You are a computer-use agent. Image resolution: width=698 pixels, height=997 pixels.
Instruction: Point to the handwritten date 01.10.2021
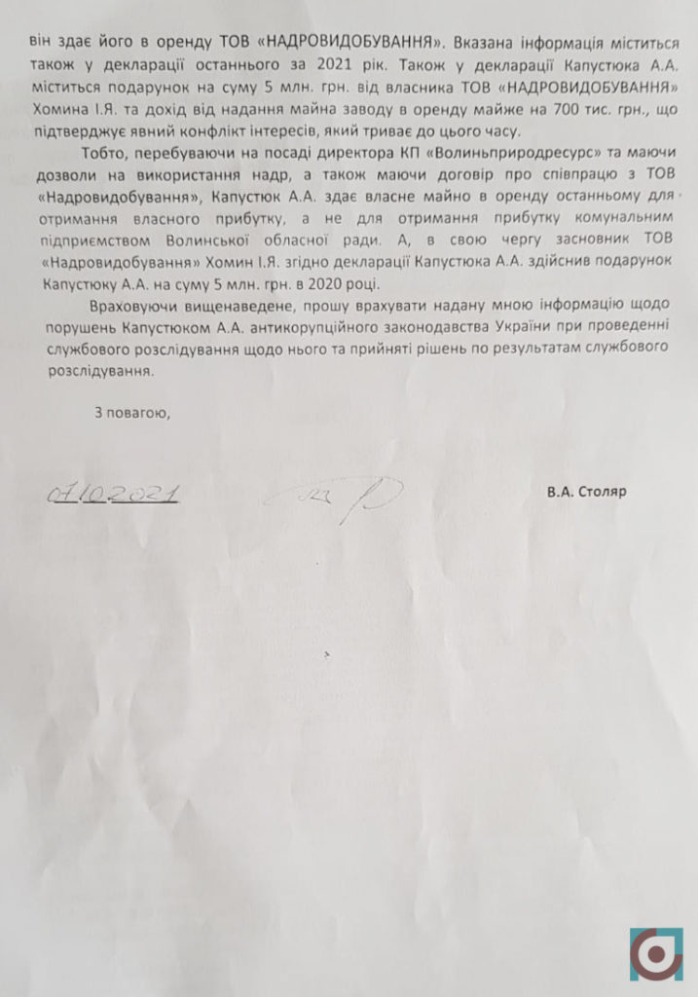point(112,495)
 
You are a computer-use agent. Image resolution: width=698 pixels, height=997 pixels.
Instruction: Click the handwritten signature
point(341,499)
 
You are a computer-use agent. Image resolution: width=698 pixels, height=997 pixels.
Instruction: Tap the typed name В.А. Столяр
point(586,492)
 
